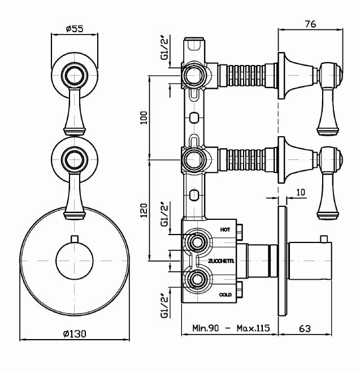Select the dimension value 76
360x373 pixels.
tap(310, 23)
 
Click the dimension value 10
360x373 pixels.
tap(300, 192)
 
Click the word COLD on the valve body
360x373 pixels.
tap(225, 295)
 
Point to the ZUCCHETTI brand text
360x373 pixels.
tap(221, 261)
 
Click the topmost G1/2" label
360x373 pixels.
tap(164, 48)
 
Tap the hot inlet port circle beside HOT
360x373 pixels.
tap(197, 243)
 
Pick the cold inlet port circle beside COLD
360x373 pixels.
tap(197, 279)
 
